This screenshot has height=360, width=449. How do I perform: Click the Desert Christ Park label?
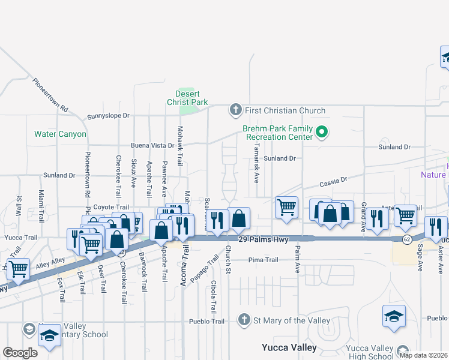(x=191, y=98)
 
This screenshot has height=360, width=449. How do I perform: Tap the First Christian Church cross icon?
(x=235, y=110)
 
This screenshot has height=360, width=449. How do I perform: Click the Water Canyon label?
(x=60, y=134)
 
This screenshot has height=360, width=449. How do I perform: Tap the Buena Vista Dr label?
(x=152, y=146)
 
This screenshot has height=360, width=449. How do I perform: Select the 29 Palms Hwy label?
(x=260, y=239)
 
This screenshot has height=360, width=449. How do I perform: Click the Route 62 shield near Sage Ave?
(x=406, y=239)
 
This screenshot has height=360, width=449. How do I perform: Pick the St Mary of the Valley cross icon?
(x=244, y=320)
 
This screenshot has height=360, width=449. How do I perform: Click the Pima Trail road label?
(x=264, y=260)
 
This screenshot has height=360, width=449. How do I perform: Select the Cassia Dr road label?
(x=334, y=181)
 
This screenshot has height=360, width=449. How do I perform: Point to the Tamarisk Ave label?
(x=256, y=166)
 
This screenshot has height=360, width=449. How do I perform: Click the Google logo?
(x=20, y=353)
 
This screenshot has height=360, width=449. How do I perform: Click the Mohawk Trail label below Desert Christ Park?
(x=179, y=146)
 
